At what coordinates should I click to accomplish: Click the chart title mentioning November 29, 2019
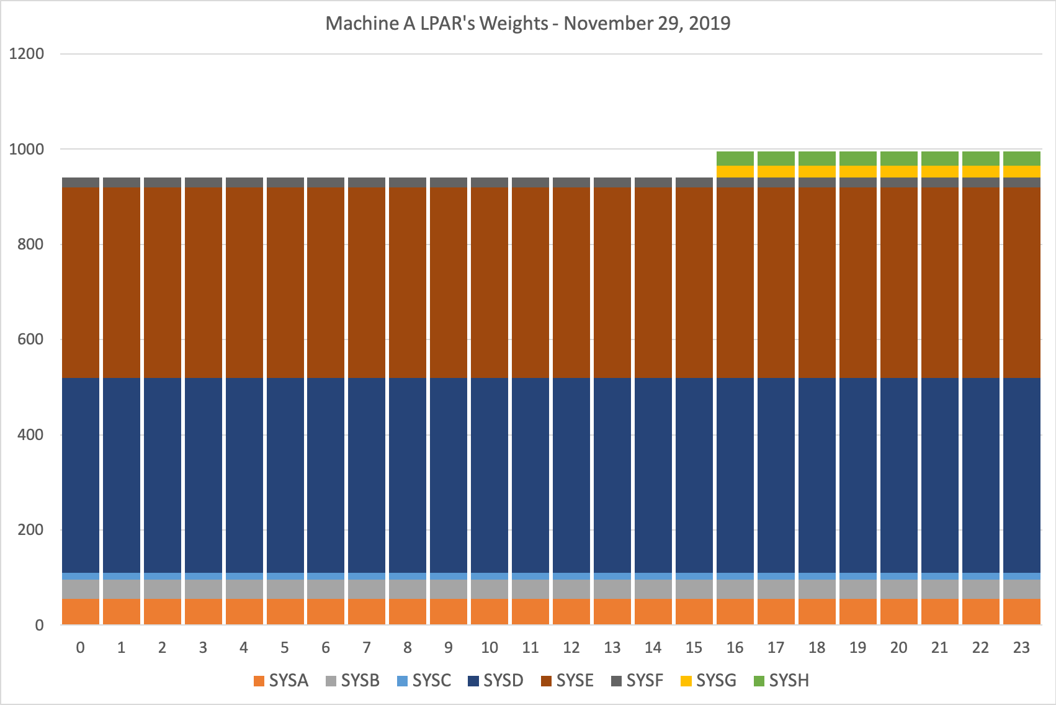[x=527, y=24]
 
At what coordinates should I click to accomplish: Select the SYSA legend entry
[x=281, y=681]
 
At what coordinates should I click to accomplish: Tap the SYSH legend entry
[x=781, y=681]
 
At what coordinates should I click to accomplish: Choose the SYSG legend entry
[x=709, y=681]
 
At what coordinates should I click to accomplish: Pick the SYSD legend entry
[x=496, y=681]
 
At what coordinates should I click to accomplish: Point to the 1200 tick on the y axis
[x=27, y=54]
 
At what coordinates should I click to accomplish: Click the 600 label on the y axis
[x=30, y=339]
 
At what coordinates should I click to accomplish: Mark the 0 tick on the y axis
[x=39, y=626]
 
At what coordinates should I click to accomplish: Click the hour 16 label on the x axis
[x=735, y=648]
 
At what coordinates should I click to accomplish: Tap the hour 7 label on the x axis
[x=367, y=648]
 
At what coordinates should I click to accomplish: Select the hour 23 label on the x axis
[x=1021, y=648]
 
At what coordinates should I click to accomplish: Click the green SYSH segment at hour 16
[x=735, y=158]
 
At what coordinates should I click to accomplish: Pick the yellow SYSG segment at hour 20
[x=898, y=172]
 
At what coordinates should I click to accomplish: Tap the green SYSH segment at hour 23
[x=1021, y=158]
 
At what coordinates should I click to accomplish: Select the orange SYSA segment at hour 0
[x=81, y=612]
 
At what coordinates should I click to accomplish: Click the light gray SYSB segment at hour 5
[x=285, y=589]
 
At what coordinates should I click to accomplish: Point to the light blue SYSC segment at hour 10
[x=490, y=576]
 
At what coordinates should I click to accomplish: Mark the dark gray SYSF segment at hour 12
[x=571, y=182]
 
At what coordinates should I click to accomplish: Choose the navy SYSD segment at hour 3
[x=203, y=475]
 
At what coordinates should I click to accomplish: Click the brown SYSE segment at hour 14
[x=653, y=282]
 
